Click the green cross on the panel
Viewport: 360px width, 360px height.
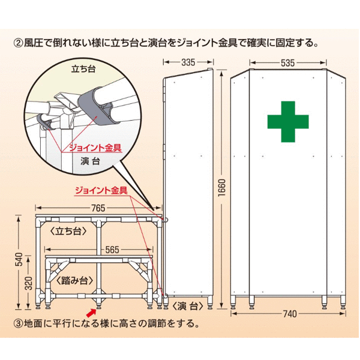coord(288,122)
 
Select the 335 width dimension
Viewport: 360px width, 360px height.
coord(188,62)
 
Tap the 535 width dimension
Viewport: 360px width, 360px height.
coord(287,62)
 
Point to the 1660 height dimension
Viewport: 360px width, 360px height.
coord(222,188)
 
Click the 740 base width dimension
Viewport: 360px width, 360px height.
coord(290,314)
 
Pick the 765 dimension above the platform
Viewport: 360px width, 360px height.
coord(98,208)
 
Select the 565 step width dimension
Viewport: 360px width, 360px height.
coord(112,250)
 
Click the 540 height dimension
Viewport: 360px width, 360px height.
coord(19,259)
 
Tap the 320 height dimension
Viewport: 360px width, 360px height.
coord(29,283)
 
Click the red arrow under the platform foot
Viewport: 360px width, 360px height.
coord(91,313)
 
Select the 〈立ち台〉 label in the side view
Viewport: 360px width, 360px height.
coord(68,232)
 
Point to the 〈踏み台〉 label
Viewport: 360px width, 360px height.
coord(74,281)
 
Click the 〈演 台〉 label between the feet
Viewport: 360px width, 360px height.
coord(188,306)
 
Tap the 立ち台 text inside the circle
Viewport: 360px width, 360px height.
coord(83,69)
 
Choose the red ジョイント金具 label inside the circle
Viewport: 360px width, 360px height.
coord(95,148)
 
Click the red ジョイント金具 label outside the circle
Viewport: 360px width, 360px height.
coord(101,190)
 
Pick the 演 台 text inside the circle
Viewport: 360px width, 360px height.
coord(90,161)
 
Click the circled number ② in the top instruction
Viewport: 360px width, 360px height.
coord(19,43)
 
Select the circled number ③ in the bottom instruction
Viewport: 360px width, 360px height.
coord(19,324)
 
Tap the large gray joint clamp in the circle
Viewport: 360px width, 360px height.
coord(95,106)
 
